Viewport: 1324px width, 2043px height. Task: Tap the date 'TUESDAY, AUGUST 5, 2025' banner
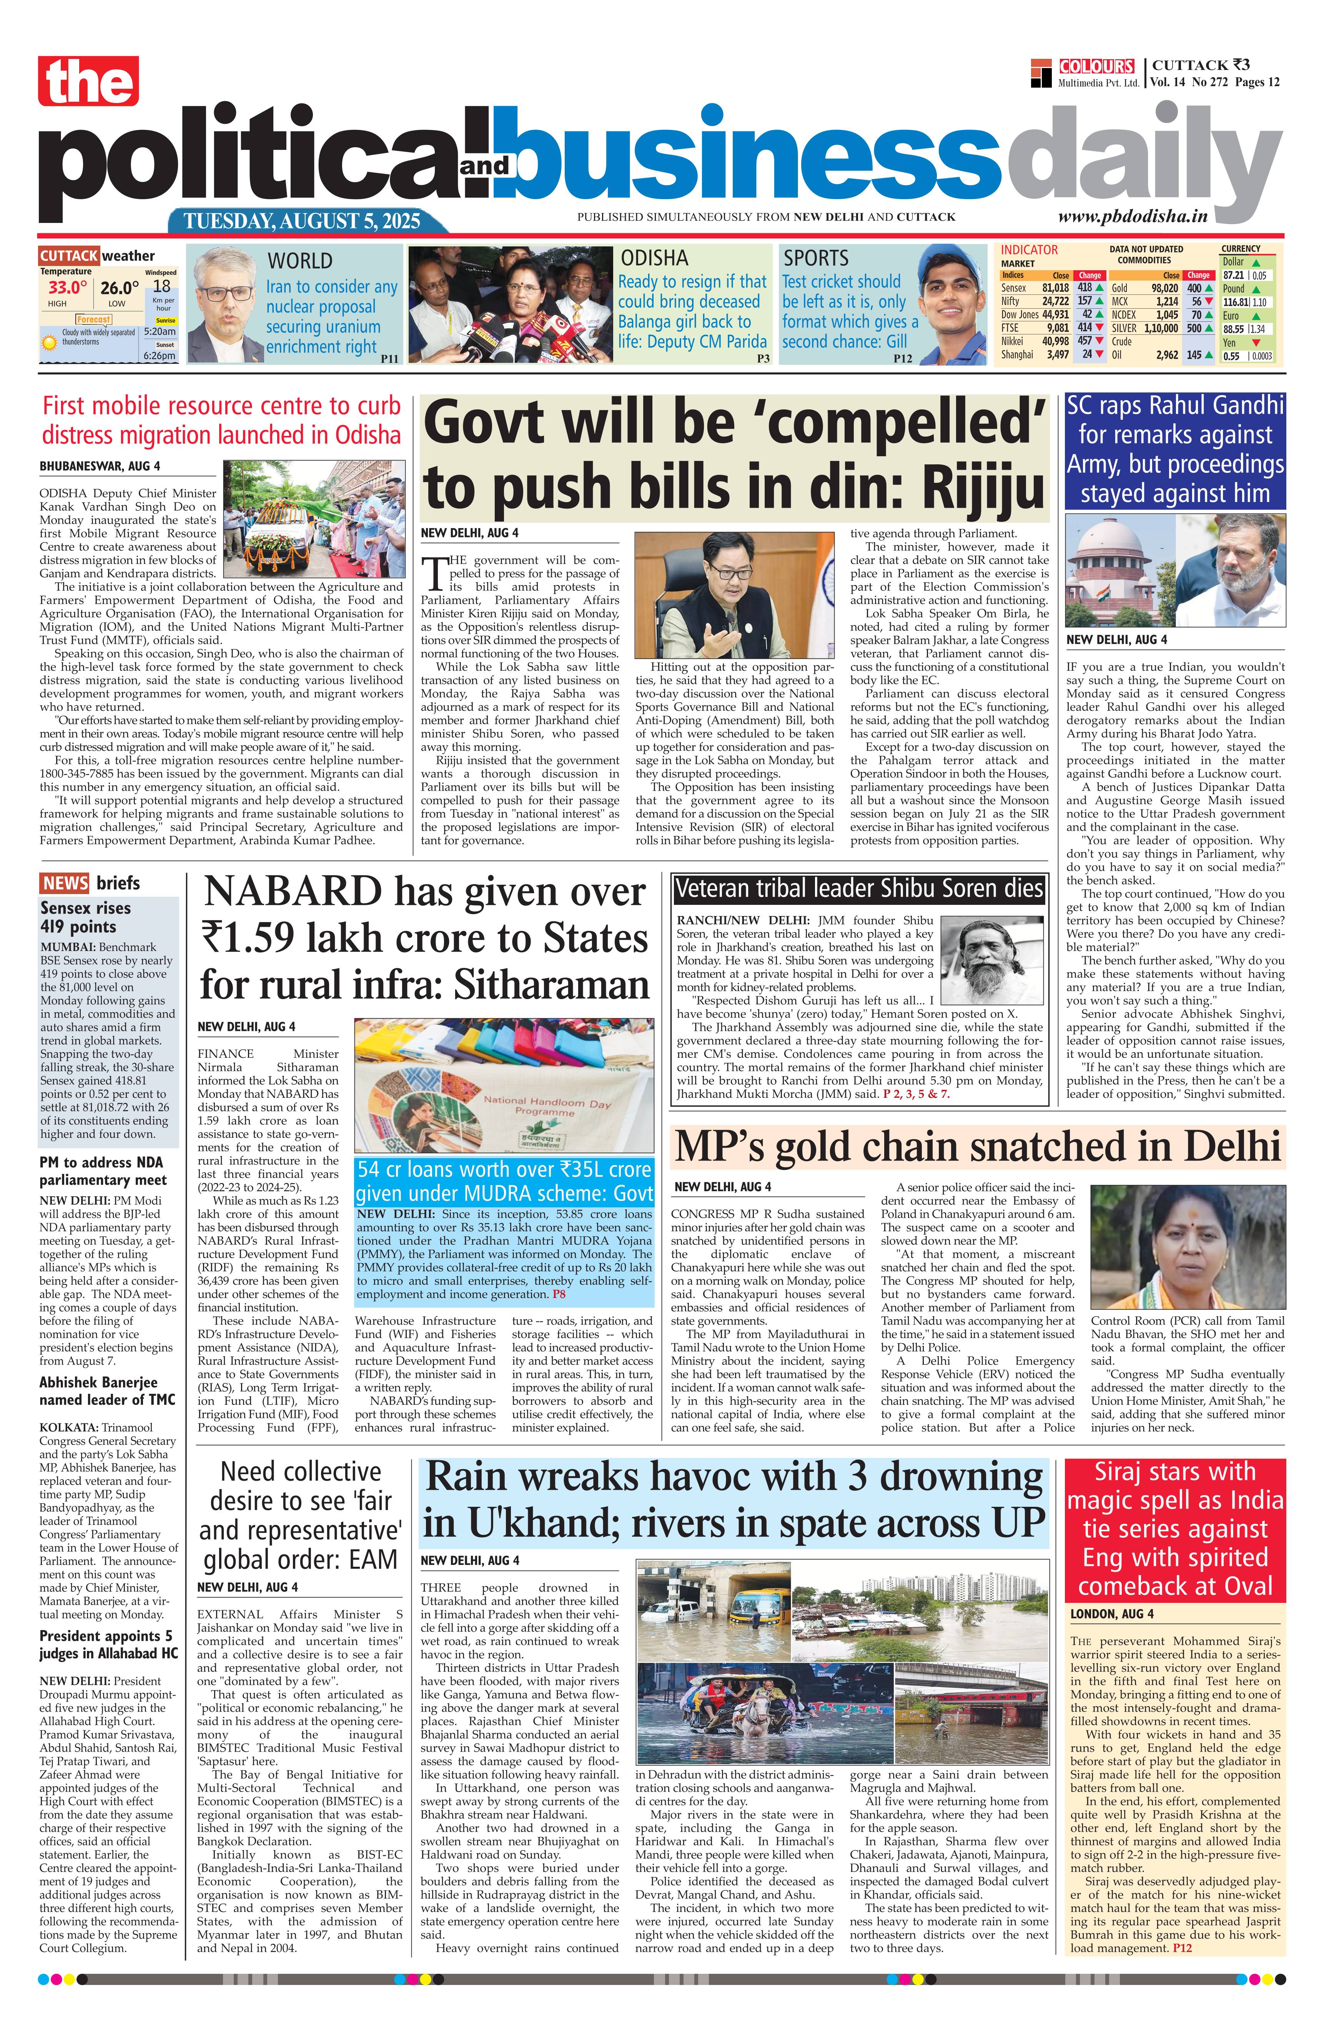click(302, 221)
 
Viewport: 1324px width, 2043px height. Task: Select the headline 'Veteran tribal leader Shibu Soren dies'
click(858, 888)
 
